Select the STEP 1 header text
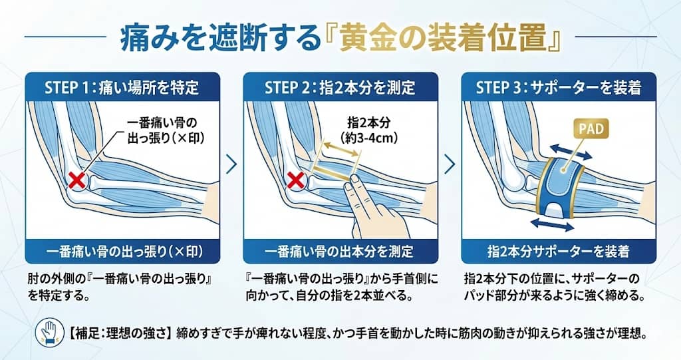coord(122,87)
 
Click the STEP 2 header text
coord(340,87)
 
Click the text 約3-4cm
coord(360,137)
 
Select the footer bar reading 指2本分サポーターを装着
coord(558,252)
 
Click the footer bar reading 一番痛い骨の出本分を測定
coord(340,252)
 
